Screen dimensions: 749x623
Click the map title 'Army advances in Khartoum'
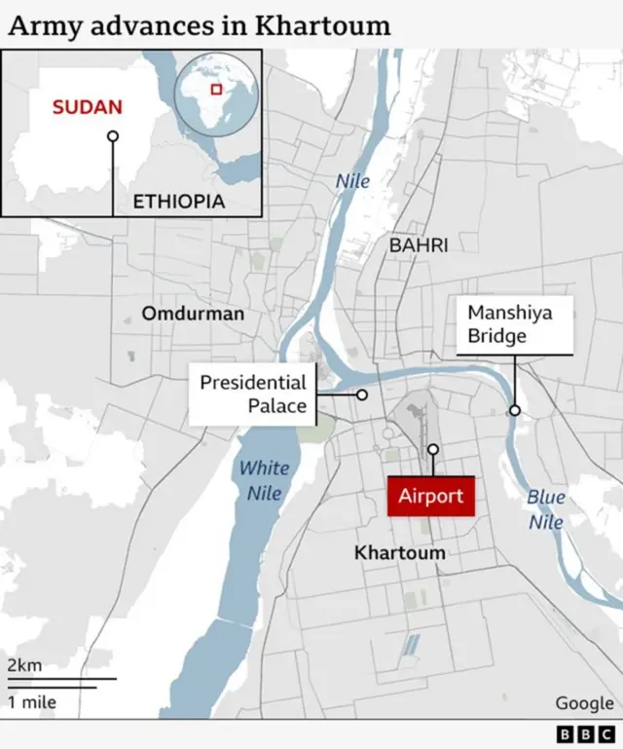coord(199,25)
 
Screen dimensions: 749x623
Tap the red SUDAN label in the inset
coord(88,106)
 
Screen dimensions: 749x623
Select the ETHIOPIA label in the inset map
coord(179,202)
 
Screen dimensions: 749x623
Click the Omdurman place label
coord(193,314)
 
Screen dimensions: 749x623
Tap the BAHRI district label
coord(419,245)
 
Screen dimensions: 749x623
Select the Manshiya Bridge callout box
coord(513,325)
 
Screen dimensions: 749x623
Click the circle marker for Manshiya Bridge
coord(514,410)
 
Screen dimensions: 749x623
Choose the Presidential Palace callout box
coord(252,393)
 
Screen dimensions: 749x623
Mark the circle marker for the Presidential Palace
coord(362,394)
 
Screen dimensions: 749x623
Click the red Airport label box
coord(430,496)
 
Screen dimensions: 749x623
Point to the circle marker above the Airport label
coord(433,449)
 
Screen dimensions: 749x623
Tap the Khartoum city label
coord(399,552)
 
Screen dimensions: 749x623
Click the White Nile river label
coord(264,480)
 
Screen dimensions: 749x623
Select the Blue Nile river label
coord(546,509)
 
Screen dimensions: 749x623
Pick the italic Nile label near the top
coord(352,181)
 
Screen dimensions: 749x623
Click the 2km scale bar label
coord(24,665)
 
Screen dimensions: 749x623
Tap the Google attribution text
coord(584,702)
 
